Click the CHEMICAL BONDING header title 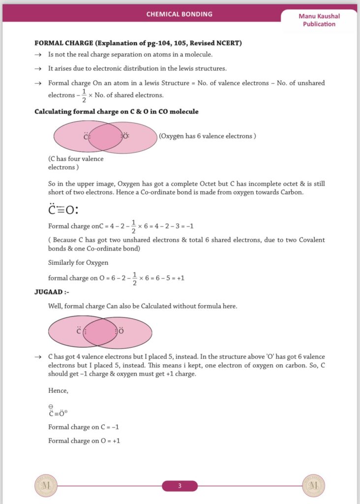tap(180, 14)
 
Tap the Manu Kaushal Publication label tap(319, 20)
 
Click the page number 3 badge tap(180, 486)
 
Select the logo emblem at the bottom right tap(313, 486)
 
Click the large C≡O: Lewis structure tap(63, 210)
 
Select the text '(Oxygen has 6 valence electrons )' tap(207, 136)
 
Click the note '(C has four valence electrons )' tap(76, 163)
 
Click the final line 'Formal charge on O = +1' tap(84, 441)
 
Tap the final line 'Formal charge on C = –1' tap(84, 427)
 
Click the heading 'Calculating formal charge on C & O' tap(116, 112)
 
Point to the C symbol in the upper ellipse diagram tap(86, 136)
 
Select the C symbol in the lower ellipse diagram tap(79, 331)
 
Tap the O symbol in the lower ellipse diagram tap(120, 331)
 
